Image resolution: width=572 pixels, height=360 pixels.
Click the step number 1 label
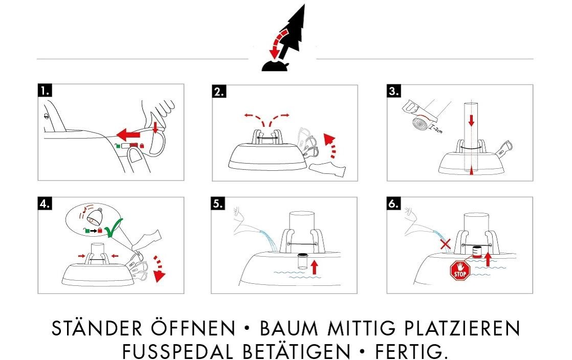click(45, 91)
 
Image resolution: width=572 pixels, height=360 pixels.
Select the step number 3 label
click(393, 91)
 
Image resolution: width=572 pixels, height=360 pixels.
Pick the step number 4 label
click(45, 204)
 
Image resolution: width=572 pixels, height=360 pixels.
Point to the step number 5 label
click(218, 204)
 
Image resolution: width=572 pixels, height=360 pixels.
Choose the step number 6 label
click(393, 204)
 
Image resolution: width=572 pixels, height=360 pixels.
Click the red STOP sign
click(460, 271)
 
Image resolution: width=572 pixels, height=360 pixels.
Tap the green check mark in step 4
click(114, 228)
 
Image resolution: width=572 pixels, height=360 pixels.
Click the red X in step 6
click(446, 244)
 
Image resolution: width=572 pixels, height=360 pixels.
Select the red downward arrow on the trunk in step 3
click(471, 120)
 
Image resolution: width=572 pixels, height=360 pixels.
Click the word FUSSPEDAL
click(178, 352)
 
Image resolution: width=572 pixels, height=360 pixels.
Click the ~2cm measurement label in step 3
click(436, 129)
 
